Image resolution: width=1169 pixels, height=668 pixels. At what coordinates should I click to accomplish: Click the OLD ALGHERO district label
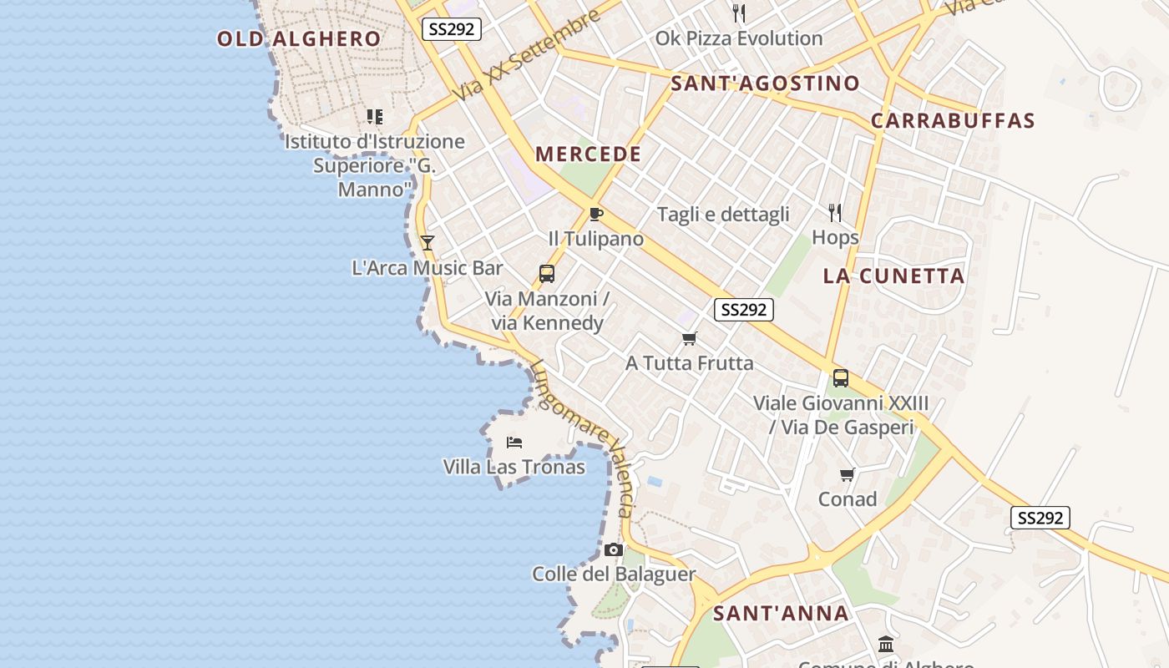[x=299, y=38]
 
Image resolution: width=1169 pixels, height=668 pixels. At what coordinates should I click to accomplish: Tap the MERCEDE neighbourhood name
[x=589, y=154]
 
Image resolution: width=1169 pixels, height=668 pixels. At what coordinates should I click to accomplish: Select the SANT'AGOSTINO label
[x=765, y=83]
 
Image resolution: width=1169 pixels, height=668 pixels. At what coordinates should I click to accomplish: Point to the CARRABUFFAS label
[x=953, y=121]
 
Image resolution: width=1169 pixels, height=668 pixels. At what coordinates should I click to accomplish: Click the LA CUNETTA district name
[x=893, y=276]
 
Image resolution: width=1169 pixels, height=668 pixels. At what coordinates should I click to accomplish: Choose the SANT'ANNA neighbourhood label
[x=781, y=614]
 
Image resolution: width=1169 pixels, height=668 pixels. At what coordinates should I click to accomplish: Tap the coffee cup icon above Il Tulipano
[x=595, y=214]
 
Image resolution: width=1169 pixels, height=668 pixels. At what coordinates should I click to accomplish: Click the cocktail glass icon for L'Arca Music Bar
[x=428, y=243]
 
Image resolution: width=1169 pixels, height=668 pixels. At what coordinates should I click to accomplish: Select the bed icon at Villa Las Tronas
[x=514, y=442]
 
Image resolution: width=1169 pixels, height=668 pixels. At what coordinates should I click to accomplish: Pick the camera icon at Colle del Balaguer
[x=614, y=549]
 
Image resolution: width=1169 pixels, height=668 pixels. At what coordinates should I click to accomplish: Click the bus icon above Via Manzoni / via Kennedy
[x=547, y=273]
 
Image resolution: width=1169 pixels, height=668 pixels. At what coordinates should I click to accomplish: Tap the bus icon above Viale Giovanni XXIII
[x=841, y=377]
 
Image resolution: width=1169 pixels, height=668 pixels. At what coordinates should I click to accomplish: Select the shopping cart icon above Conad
[x=848, y=474]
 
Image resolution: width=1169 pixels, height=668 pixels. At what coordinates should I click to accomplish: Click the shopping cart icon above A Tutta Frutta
[x=690, y=338]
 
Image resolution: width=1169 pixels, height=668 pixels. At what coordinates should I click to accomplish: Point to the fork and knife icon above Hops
[x=835, y=212]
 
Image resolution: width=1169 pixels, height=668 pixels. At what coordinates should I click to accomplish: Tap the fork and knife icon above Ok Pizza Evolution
[x=739, y=13]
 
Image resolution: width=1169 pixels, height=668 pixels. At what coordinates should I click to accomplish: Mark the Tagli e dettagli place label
[x=723, y=215]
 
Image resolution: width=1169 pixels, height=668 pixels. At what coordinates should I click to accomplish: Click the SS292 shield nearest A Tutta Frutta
[x=744, y=310]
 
